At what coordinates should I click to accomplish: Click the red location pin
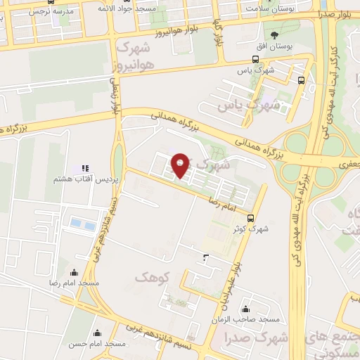[181, 166]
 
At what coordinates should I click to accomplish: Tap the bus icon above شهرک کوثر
[252, 218]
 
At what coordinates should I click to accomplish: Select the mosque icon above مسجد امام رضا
[74, 272]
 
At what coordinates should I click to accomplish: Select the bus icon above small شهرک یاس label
[255, 60]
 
